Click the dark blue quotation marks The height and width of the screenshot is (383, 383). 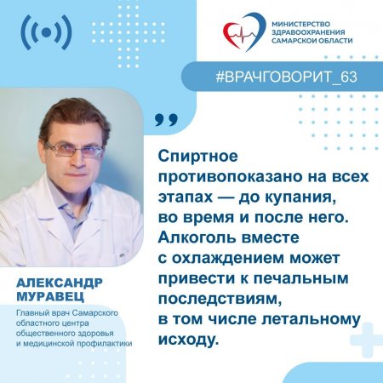pyautogui.click(x=167, y=118)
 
